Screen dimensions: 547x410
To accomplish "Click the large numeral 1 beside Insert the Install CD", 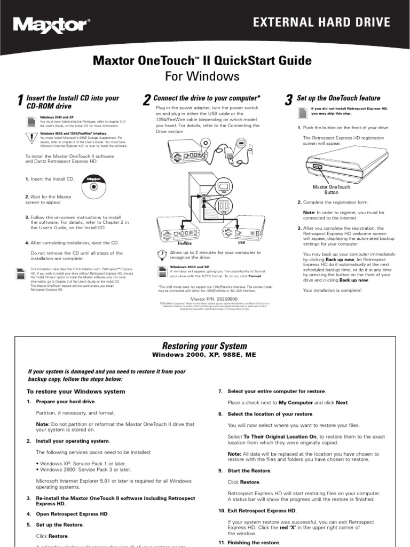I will pos(20,101).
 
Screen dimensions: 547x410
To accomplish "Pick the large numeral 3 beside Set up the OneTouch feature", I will pos(289,100).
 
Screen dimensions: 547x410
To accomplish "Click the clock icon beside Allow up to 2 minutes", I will pos(162,254).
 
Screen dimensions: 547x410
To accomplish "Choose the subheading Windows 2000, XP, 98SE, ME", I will pos(206,354).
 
